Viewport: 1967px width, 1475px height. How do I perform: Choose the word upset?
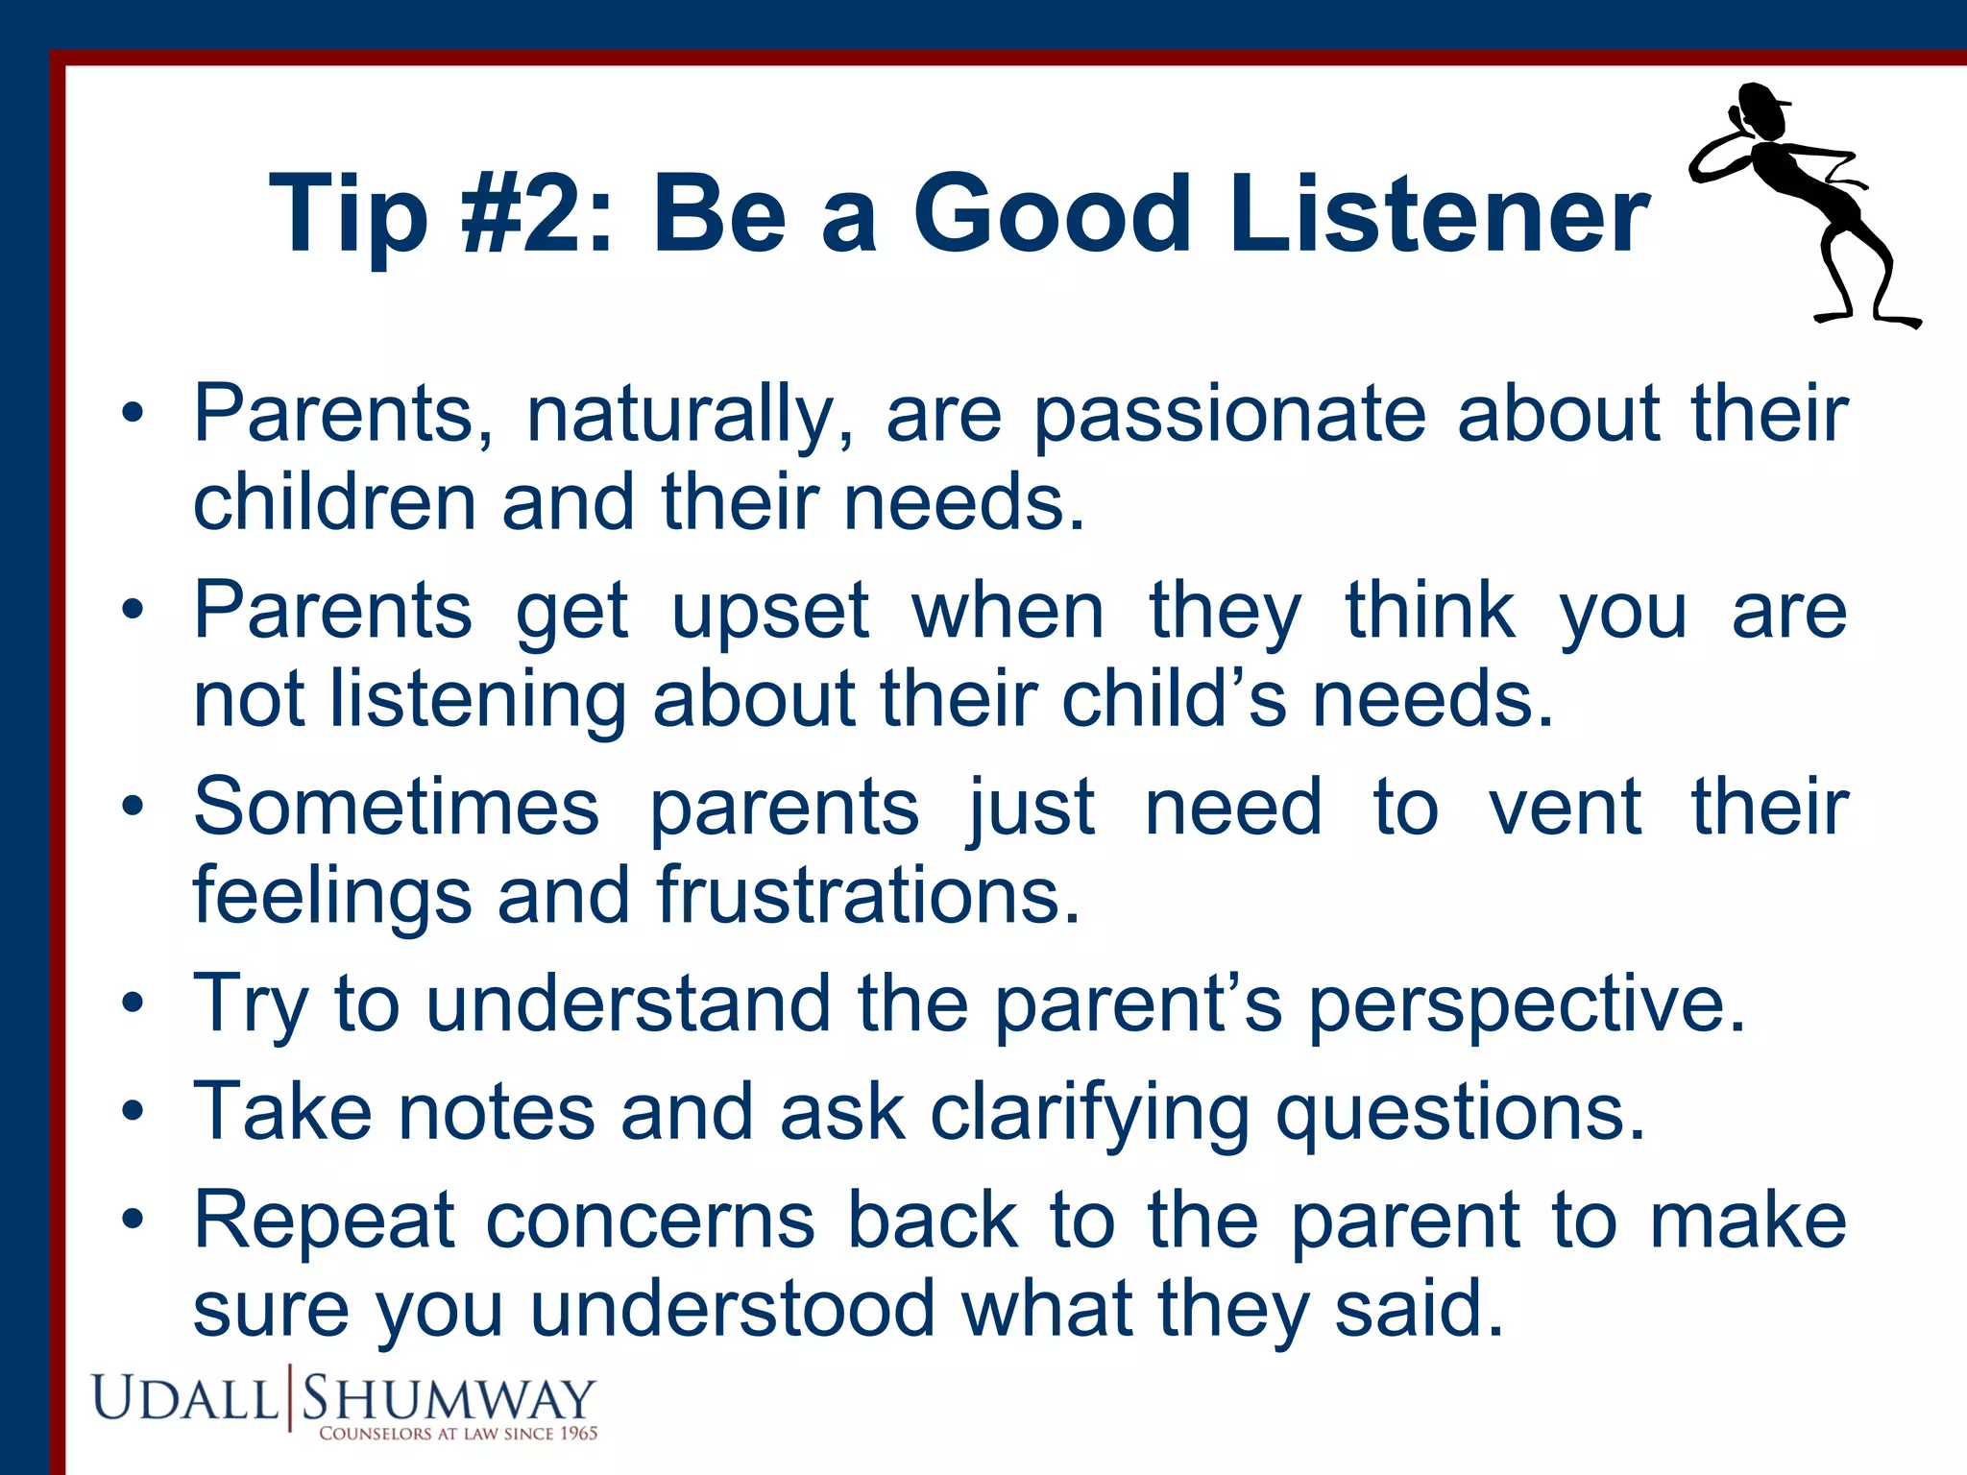tap(769, 613)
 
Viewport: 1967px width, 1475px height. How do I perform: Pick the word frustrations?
tap(868, 895)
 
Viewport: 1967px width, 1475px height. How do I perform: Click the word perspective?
tap(1526, 1004)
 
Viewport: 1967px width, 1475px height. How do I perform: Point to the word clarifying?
tap(1089, 1112)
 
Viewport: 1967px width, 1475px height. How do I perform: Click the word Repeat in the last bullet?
tap(324, 1221)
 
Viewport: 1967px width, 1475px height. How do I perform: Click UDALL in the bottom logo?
tap(184, 1398)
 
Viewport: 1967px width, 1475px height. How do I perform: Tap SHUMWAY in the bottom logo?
tap(449, 1398)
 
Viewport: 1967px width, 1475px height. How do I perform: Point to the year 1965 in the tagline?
tap(578, 1434)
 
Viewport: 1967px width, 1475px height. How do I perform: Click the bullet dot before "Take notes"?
tap(133, 1112)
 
